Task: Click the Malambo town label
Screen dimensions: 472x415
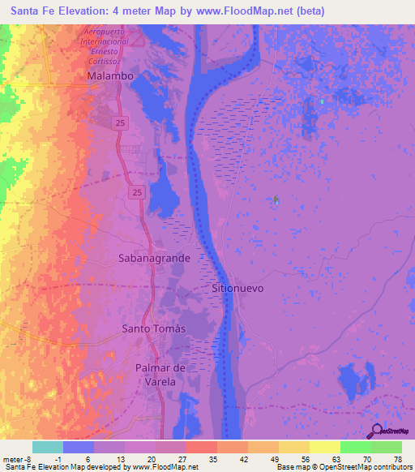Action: [109, 75]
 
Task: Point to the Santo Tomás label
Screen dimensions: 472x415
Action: [153, 328]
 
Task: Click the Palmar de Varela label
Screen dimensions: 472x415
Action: [160, 375]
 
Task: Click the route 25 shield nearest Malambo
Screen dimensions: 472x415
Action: [119, 122]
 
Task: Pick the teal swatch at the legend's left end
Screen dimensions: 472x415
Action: [47, 447]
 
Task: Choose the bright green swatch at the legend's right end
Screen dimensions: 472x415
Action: [387, 447]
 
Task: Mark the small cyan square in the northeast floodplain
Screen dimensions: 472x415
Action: [323, 101]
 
